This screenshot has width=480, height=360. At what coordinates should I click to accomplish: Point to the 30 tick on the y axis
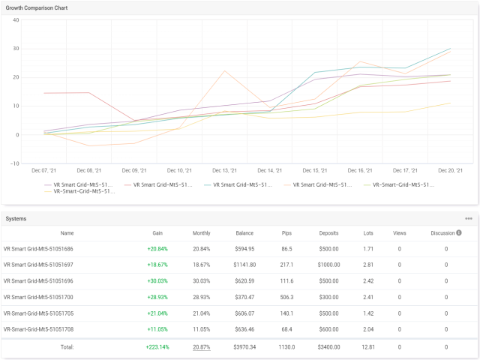coord(15,49)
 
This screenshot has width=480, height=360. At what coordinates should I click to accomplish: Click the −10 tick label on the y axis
coord(13,163)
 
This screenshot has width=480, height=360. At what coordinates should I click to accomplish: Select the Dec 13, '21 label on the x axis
coord(226,171)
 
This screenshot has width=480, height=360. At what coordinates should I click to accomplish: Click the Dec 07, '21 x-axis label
coord(44,171)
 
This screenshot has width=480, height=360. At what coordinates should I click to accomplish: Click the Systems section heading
coord(16,218)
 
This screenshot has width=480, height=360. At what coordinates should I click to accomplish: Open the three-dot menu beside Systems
coord(469,218)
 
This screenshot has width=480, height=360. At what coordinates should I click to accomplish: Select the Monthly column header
coord(201,232)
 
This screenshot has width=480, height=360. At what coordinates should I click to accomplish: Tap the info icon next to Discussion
coord(458,232)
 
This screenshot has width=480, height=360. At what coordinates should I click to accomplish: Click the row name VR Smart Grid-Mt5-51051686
coord(38,248)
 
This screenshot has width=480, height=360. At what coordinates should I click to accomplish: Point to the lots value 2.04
coord(367,329)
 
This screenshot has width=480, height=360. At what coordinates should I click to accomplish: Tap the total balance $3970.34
coord(244,347)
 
